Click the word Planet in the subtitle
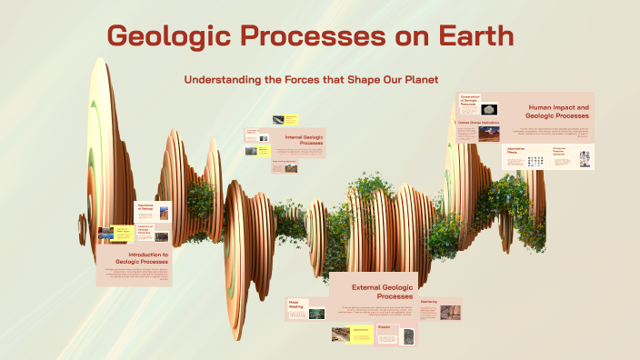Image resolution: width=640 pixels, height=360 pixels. coord(416,80)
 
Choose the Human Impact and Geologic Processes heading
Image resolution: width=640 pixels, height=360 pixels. coord(557,112)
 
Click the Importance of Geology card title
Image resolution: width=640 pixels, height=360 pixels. coord(145,208)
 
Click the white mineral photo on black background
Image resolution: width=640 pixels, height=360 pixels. coord(491,109)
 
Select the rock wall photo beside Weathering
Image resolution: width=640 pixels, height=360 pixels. coord(450,312)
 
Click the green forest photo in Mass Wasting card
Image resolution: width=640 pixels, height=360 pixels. coord(315,314)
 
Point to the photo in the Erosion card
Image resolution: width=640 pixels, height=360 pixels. coord(408,336)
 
